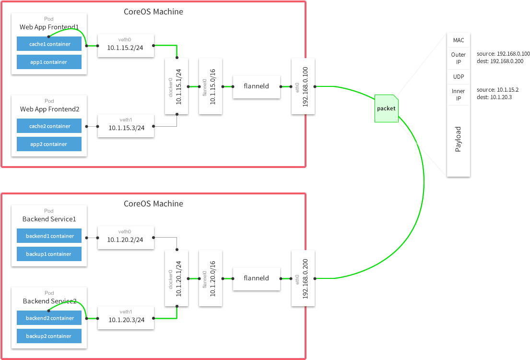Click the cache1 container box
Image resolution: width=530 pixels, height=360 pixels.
[x=49, y=44]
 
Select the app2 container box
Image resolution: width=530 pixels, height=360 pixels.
[x=49, y=144]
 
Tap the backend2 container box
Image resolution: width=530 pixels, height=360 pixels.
[x=49, y=318]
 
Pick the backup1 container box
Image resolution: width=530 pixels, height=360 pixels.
[x=49, y=254]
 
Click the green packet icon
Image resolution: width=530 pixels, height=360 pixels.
[x=387, y=108]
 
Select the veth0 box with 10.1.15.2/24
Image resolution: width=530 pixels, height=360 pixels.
[x=126, y=46]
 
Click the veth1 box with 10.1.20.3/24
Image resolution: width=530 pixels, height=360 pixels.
[x=126, y=317]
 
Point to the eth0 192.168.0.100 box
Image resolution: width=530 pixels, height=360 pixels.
[x=303, y=86]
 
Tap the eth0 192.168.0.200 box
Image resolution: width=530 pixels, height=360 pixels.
[x=303, y=278]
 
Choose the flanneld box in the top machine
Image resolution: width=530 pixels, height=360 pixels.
[x=257, y=86]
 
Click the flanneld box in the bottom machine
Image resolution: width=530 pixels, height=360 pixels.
[x=257, y=278]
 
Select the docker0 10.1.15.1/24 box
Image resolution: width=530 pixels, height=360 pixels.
[x=176, y=86]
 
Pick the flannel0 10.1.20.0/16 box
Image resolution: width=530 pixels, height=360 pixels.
[x=211, y=278]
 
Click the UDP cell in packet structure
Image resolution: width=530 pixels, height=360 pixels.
[x=458, y=77]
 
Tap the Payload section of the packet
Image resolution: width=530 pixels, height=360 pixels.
[x=458, y=139]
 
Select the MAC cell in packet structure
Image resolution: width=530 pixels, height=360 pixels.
[x=458, y=40]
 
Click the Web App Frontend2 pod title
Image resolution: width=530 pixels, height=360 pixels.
[x=49, y=109]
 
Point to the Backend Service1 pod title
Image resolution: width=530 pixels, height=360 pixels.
[x=49, y=219]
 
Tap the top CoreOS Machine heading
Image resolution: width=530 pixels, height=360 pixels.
[x=153, y=12]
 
